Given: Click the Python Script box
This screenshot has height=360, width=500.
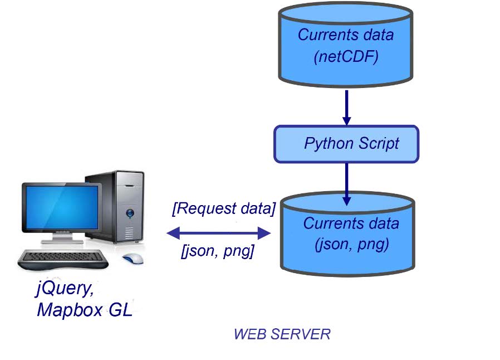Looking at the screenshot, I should tap(346, 143).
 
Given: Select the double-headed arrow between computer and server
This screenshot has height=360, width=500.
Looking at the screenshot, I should tap(218, 232).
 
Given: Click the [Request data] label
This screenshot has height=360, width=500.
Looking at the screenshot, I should tap(224, 210).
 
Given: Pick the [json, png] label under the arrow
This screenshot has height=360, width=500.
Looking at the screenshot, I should tap(218, 252).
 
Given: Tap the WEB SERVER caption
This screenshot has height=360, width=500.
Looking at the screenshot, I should tap(282, 334).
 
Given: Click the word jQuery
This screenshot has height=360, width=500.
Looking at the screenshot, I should tap(61, 290).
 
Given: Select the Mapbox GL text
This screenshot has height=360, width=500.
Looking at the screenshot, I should tap(84, 310).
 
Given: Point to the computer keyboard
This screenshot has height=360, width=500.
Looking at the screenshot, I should tap(61, 258).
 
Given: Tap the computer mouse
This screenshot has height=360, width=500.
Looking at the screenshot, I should tap(133, 258).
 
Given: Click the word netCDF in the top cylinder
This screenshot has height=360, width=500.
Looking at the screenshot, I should tap(346, 56).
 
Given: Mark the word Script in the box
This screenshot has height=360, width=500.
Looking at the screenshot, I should tap(378, 144).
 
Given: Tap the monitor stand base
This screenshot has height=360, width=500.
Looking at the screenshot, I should tap(66, 243).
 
